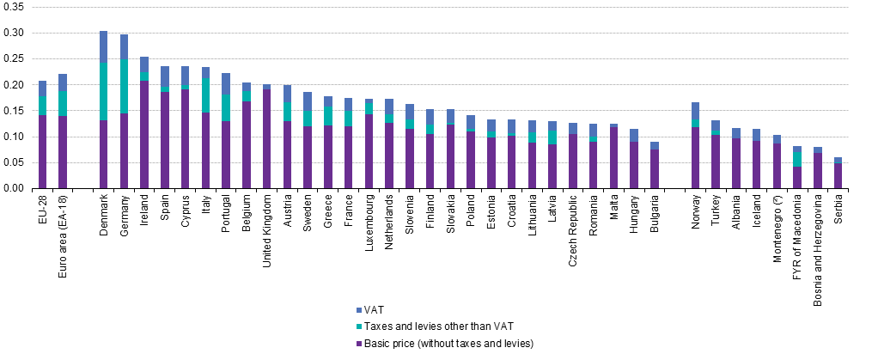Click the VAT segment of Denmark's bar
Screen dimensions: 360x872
[x=103, y=46]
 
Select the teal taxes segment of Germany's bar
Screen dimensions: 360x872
[x=124, y=86]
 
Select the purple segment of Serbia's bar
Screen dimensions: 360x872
[x=838, y=175]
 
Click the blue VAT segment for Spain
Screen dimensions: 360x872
[x=165, y=76]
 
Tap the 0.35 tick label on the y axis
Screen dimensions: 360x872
[x=16, y=8]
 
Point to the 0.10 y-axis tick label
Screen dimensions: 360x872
[x=16, y=137]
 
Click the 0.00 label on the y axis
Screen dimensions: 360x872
[x=16, y=188]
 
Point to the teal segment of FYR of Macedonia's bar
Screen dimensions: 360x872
[x=796, y=159]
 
